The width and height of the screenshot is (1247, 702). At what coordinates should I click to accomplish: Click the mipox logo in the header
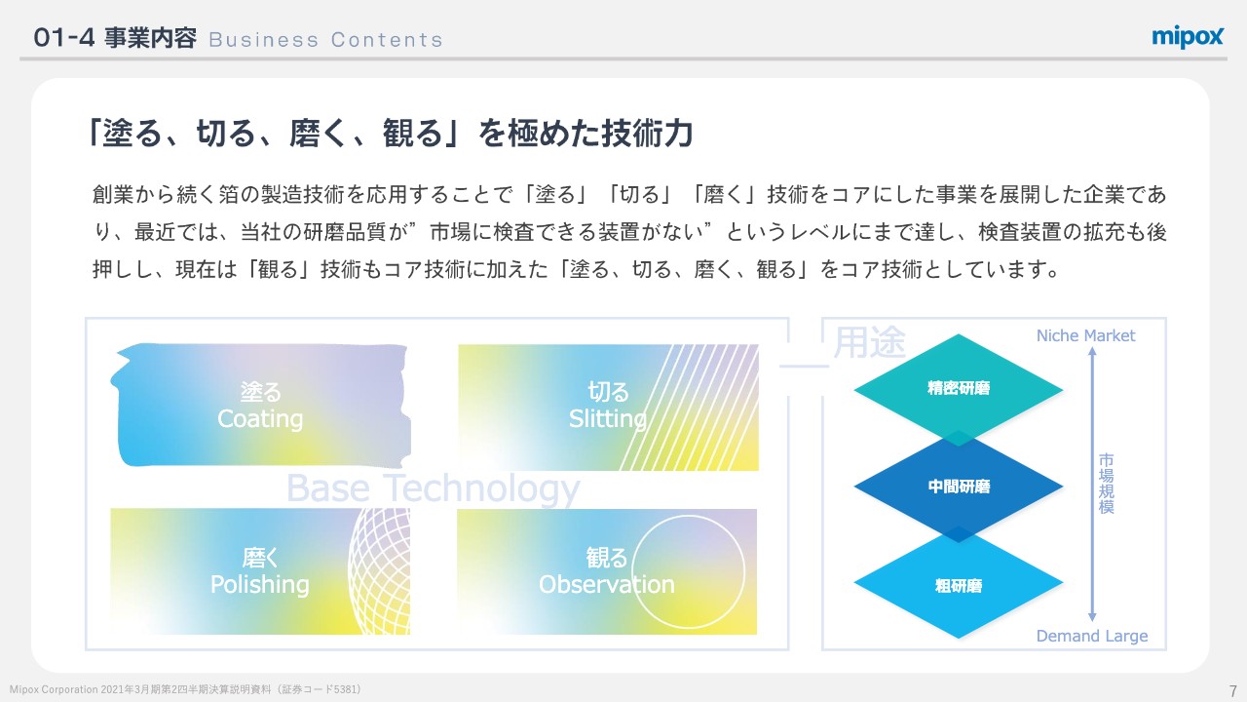(1188, 37)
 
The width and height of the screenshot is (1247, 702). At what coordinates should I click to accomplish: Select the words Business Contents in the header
(325, 40)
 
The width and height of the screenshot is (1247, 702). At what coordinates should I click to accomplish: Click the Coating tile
(260, 406)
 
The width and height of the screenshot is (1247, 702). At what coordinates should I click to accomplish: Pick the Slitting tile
(608, 406)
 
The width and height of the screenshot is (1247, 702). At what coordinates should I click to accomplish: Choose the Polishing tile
(260, 571)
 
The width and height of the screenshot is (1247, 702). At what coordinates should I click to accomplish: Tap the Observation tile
(607, 571)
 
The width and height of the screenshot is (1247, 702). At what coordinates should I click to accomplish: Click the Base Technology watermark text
(433, 487)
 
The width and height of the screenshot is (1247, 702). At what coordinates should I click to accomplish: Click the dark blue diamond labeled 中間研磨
(959, 486)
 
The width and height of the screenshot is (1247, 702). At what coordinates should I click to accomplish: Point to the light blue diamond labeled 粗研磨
(959, 586)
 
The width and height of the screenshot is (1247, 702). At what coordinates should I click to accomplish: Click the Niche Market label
(1085, 335)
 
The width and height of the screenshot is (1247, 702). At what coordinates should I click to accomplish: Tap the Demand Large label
(1091, 637)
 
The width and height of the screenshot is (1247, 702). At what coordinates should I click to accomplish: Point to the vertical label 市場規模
(1106, 484)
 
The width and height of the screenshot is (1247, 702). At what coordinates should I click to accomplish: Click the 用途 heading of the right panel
(870, 342)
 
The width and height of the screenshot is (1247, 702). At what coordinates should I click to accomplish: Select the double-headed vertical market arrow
(1092, 487)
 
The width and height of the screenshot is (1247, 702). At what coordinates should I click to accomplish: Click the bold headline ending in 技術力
(390, 134)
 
